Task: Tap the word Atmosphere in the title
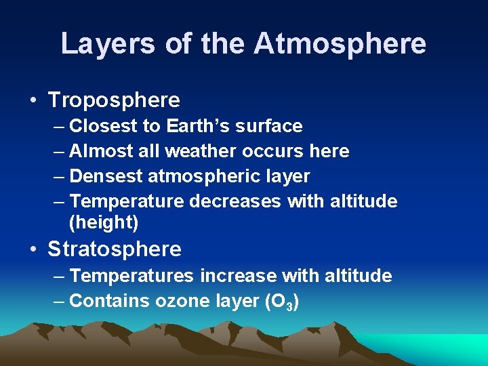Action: click(340, 43)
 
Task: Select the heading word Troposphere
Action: click(114, 100)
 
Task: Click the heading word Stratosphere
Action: click(115, 249)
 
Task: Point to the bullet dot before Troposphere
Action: click(33, 101)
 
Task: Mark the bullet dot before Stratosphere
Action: click(33, 249)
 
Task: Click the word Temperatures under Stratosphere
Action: click(133, 276)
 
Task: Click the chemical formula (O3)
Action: click(281, 302)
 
